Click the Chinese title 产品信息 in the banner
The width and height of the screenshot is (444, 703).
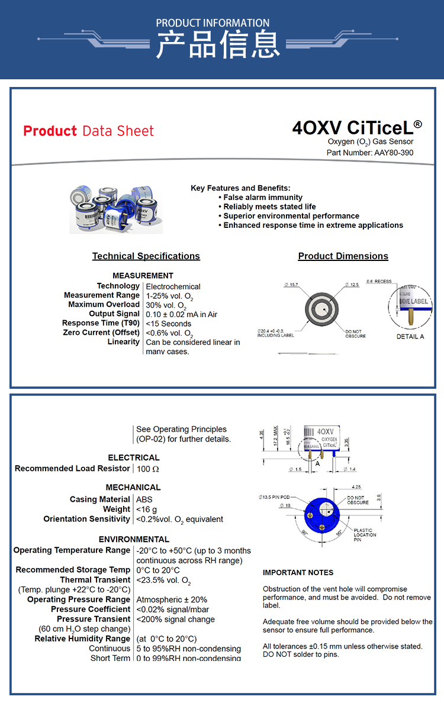(217, 45)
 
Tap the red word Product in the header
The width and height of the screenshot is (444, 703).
(50, 131)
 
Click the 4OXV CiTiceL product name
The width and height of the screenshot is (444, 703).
(357, 128)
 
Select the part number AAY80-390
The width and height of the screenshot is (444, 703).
(394, 153)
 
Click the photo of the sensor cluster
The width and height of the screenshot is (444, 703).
(116, 209)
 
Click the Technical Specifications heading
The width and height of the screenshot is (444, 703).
(146, 256)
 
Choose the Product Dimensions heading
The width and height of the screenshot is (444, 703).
(343, 256)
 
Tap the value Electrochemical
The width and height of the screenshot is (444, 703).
(173, 286)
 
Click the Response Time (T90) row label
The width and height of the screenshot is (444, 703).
(101, 323)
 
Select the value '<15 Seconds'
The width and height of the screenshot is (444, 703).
(169, 324)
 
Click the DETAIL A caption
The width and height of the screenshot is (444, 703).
(410, 337)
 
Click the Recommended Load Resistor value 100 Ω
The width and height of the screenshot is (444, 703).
(148, 469)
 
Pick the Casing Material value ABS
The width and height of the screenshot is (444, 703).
(144, 499)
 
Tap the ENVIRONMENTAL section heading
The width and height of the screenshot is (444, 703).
(134, 539)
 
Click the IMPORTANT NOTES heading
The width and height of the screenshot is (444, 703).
(298, 572)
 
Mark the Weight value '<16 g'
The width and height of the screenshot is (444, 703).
(147, 509)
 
